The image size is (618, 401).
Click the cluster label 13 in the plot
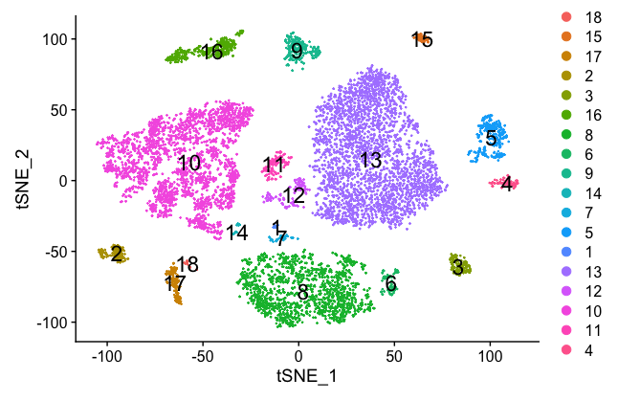pyautogui.click(x=370, y=161)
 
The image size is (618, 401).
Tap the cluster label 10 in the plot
pyautogui.click(x=189, y=164)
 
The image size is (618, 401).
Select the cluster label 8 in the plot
pyautogui.click(x=302, y=293)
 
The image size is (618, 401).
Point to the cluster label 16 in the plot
pyautogui.click(x=211, y=52)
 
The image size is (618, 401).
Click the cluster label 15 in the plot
pyautogui.click(x=422, y=40)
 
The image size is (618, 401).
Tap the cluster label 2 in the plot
pyautogui.click(x=117, y=255)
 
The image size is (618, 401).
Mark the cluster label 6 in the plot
pyautogui.click(x=390, y=284)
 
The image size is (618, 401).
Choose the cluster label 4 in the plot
pyautogui.click(x=506, y=184)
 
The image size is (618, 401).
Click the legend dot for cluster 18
pyautogui.click(x=566, y=18)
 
